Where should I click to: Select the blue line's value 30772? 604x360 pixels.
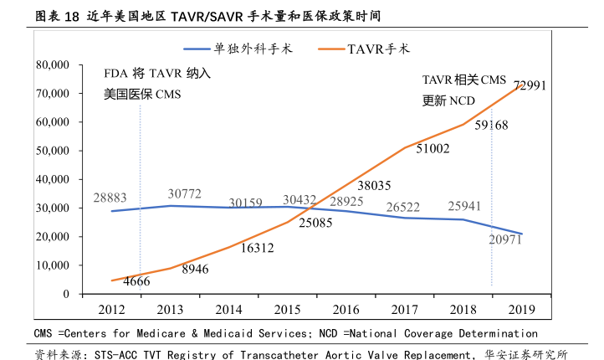pos(184,194)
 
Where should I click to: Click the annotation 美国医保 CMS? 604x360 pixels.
pos(143,95)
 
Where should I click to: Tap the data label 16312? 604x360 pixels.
pos(257,248)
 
